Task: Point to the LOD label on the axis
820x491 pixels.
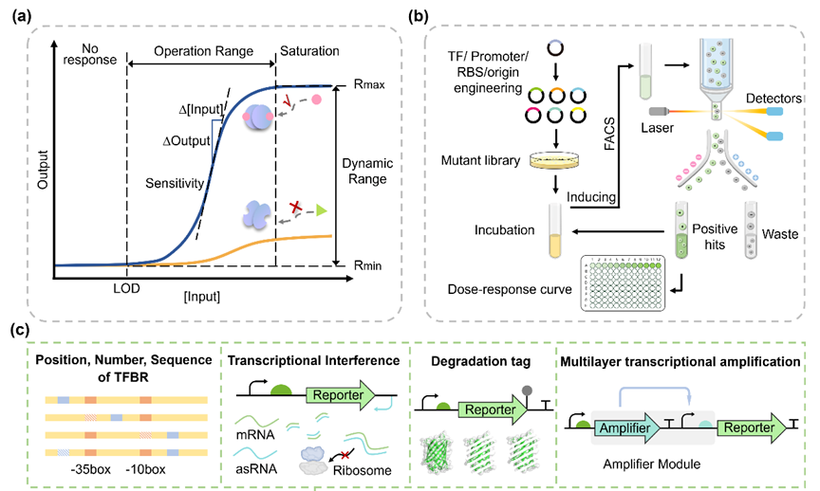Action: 126,284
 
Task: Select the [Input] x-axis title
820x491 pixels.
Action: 202,296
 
